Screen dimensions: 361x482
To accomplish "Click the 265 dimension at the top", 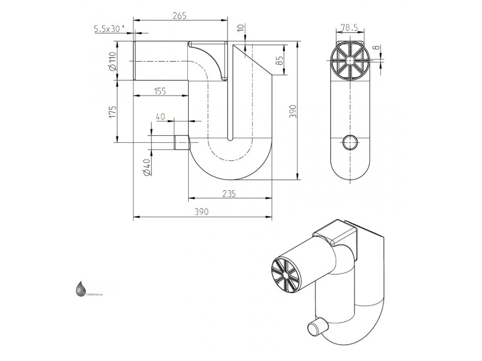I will point(180,16).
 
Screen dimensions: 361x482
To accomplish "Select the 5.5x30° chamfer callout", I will point(109,29).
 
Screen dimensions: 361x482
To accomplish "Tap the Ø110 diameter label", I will point(112,62).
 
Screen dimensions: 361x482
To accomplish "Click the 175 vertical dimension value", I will point(112,112).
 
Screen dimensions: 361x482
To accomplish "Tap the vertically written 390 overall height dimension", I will point(292,111).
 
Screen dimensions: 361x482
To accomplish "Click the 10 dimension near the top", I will point(241,29).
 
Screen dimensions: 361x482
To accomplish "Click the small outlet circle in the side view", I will point(350,141).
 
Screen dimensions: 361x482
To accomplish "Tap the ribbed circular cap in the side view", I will point(350,61).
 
